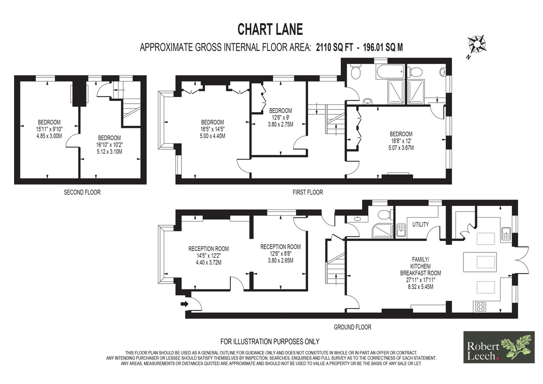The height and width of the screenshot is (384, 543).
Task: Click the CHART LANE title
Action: click(x=270, y=29)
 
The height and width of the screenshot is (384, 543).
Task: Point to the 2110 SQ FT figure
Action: click(x=334, y=47)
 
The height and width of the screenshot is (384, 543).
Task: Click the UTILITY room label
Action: click(x=420, y=224)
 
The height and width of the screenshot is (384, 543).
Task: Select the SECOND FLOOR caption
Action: click(x=82, y=192)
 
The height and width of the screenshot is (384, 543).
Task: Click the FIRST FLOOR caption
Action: click(x=308, y=192)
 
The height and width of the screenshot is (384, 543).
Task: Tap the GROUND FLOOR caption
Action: click(x=352, y=327)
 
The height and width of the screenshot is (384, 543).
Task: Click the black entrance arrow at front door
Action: click(x=185, y=303)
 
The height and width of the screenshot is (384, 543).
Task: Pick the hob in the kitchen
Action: click(x=481, y=307)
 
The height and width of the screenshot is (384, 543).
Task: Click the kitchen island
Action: click(x=480, y=262)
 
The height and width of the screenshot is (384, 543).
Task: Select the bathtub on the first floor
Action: click(x=390, y=71)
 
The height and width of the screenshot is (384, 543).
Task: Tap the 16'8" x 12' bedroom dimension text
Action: click(x=401, y=141)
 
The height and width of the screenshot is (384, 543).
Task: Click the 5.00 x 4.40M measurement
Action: click(x=212, y=136)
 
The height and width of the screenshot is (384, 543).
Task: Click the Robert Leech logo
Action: click(x=499, y=347)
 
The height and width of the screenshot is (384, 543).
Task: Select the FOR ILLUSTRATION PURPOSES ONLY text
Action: click(x=270, y=341)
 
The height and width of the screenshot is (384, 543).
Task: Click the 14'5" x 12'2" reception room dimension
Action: click(x=209, y=256)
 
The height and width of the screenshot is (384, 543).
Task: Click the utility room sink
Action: click(x=401, y=230)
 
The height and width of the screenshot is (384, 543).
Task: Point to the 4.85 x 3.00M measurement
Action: click(x=49, y=136)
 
